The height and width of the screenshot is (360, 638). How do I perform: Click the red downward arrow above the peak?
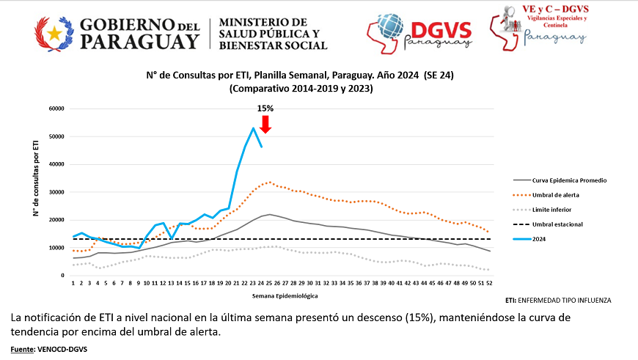click(265, 124)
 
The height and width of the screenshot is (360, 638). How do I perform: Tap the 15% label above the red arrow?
click(265, 109)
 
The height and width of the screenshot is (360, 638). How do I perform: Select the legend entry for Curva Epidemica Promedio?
click(569, 180)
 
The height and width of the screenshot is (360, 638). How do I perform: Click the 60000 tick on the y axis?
click(56, 109)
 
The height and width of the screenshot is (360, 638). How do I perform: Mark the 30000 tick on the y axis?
click(56, 192)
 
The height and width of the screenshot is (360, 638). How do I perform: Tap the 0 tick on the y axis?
click(64, 276)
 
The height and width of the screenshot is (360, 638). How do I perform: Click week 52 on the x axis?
click(488, 284)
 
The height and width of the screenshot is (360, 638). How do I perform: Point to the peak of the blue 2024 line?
click(253, 128)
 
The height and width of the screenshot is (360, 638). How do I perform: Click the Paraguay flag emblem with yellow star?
click(54, 34)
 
